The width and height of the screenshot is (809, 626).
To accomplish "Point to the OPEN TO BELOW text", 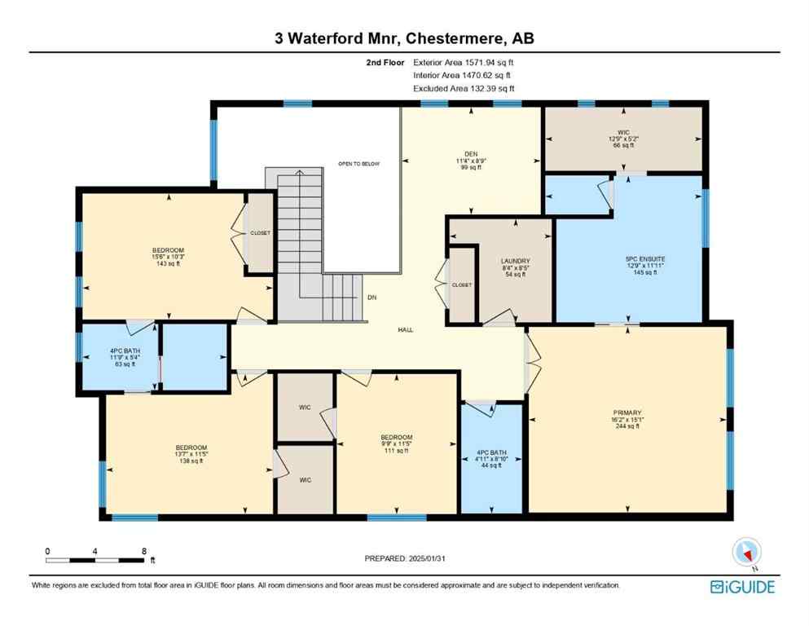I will [358, 164].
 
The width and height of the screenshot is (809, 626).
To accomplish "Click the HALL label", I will [405, 330].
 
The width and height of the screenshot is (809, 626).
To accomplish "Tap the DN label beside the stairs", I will [372, 298].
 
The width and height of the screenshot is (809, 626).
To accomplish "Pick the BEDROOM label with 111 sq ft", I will [397, 438].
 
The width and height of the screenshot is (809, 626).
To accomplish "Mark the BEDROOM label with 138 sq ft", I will [191, 447].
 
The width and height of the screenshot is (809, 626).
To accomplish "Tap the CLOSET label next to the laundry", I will [461, 286].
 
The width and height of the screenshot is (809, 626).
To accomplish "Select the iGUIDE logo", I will [742, 587].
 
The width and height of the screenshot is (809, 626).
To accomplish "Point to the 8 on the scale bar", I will [143, 551].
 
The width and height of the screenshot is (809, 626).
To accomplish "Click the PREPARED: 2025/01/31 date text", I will [407, 558].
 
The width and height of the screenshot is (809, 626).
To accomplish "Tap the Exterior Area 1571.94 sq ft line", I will [464, 61].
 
